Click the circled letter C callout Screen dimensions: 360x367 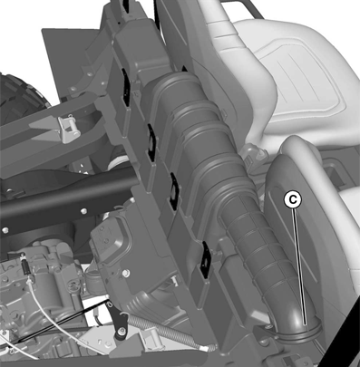tap(293, 200)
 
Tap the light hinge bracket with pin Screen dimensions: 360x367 tap(69, 128)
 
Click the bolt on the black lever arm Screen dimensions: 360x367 tap(122, 332)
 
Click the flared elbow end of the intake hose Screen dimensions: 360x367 tap(297, 329)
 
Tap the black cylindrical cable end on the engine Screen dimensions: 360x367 tap(26, 266)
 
